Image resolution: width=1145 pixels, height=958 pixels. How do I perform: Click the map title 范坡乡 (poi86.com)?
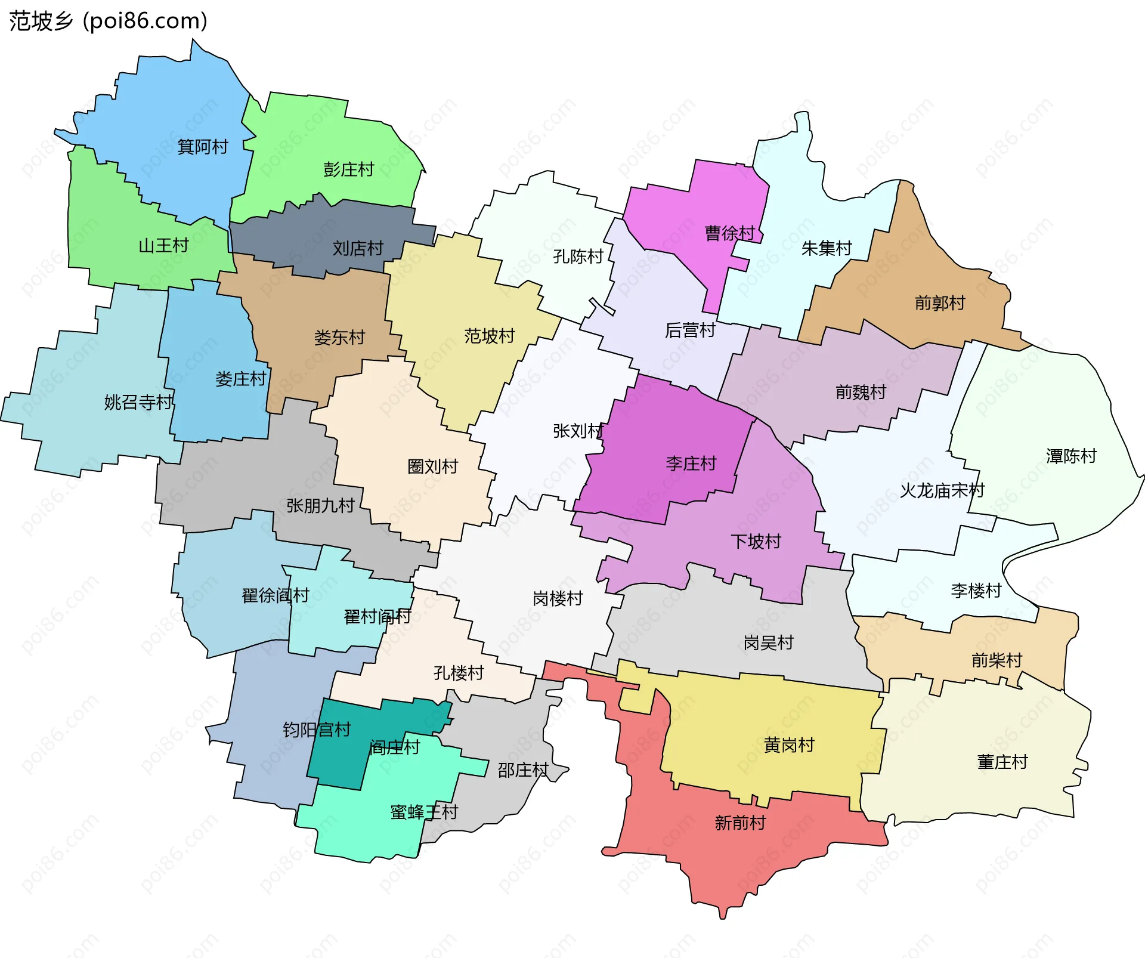coord(108,21)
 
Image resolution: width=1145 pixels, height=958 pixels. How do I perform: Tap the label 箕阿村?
coord(203,147)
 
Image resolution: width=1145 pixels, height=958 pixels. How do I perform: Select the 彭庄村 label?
coord(349,169)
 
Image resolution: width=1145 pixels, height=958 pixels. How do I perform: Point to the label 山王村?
coord(163,245)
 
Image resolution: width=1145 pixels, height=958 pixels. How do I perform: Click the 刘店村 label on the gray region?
coord(358,248)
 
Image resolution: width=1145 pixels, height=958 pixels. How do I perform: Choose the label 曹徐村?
coord(730,233)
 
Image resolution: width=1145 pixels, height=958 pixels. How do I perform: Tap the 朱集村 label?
coord(827,248)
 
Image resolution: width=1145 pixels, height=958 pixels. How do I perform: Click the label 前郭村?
coord(940,303)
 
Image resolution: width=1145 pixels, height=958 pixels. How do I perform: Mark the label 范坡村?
coord(490,336)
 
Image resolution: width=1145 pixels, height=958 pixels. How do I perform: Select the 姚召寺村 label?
coord(138,402)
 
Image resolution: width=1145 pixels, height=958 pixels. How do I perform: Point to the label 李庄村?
coord(691,463)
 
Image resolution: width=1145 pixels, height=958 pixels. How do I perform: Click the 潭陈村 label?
coord(1071,456)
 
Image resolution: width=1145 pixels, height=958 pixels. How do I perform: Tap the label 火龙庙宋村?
coord(942,491)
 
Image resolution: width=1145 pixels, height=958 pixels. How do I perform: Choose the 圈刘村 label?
coord(433,466)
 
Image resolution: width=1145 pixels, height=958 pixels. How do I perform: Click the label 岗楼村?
coord(558,598)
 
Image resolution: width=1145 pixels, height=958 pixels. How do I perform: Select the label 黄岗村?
coord(789,745)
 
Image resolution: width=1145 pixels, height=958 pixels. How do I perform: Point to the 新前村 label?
coord(740,823)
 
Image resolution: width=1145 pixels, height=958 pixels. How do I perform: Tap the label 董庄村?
coord(1002,762)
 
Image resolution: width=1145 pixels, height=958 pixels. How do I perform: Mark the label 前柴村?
coord(997,660)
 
